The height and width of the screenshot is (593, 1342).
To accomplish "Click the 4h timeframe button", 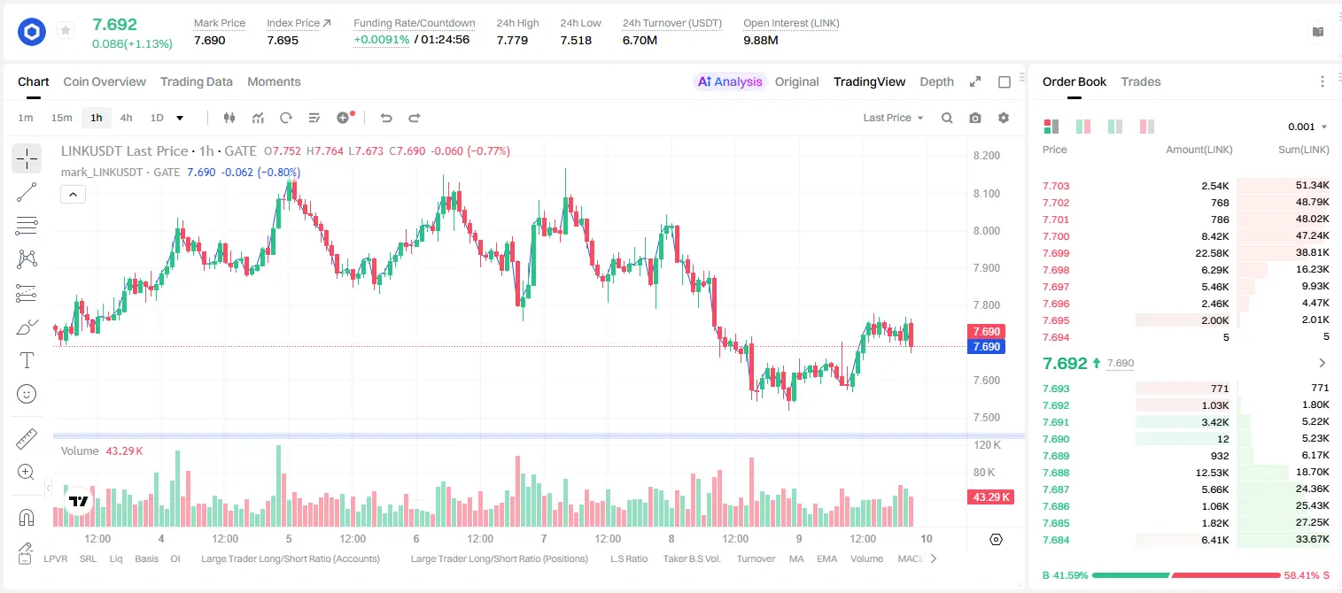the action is (x=126, y=118).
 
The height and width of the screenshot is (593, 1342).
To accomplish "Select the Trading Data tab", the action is (x=197, y=81).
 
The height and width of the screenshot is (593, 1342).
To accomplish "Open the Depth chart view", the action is (x=936, y=81).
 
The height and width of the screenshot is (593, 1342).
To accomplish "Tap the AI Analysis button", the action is (x=730, y=81).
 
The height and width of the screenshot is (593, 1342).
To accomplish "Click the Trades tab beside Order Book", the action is (x=1141, y=81).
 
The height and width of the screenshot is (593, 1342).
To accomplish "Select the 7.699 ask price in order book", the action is (x=1056, y=253).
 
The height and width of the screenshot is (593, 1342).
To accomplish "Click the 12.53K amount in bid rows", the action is (x=1212, y=473).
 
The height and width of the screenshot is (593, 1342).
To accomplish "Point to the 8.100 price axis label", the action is (x=987, y=193).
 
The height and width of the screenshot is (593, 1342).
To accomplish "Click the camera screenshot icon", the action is (x=975, y=118).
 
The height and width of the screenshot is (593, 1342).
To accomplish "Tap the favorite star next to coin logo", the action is (x=66, y=30).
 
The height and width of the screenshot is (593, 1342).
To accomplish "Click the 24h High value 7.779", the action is (x=512, y=40).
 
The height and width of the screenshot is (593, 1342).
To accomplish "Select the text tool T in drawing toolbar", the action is (x=27, y=360).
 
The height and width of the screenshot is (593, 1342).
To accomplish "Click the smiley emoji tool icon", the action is (x=27, y=394).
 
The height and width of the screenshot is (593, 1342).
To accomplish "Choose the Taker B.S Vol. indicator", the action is (x=691, y=558).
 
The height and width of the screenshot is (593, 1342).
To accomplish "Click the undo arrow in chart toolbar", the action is (x=386, y=118).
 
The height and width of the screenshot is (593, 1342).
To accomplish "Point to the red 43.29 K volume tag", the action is (x=990, y=497).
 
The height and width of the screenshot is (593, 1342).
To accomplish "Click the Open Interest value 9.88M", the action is (x=761, y=40).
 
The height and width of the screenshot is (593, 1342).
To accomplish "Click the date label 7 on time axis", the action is (x=543, y=538).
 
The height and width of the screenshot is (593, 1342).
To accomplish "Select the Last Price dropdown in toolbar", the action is (x=893, y=118).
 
